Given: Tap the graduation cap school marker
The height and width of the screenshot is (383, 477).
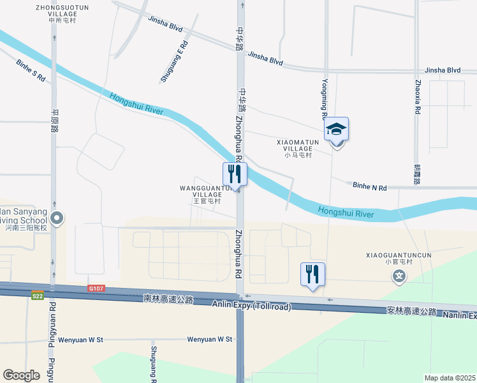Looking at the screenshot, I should click(336, 130).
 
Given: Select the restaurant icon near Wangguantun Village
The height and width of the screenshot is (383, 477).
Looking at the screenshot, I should click(235, 174).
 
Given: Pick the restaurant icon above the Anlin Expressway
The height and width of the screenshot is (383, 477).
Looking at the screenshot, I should click(312, 274).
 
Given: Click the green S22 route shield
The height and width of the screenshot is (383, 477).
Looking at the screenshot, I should click(38, 295).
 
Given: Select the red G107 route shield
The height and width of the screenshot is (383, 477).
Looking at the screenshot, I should click(96, 289).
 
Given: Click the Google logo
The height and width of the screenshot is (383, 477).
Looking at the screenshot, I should click(21, 375).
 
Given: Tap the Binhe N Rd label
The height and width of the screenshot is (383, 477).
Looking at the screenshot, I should click(370, 187).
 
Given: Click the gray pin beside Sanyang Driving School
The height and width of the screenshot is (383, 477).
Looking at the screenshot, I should click(57, 218).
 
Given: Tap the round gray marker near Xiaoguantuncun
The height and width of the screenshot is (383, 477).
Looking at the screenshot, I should click(399, 276).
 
